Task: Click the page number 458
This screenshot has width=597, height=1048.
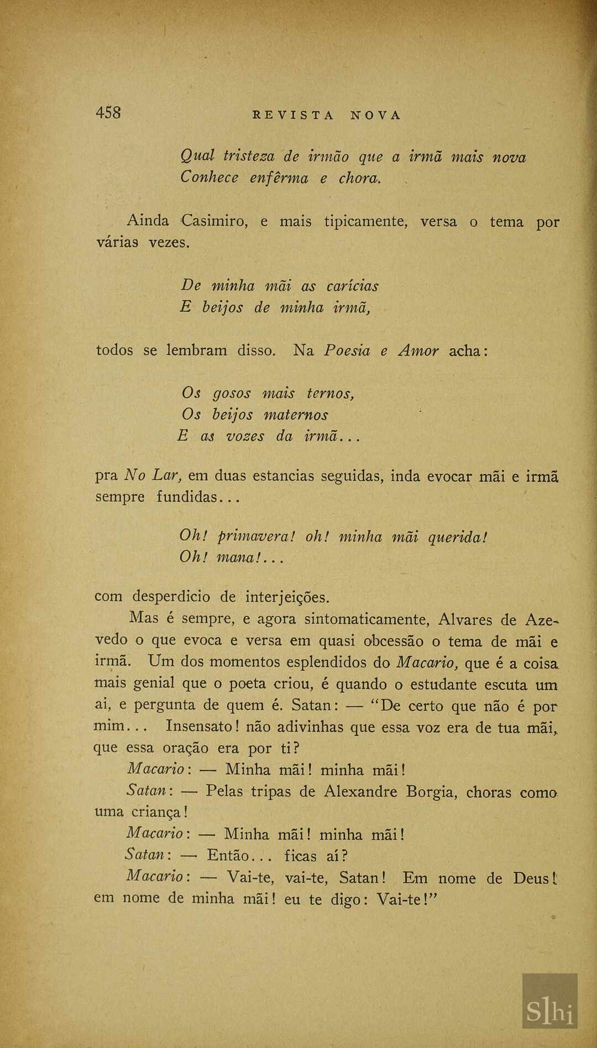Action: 108,113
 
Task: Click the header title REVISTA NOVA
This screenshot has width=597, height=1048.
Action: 326,116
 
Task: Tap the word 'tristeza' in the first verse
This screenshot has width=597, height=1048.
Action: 248,157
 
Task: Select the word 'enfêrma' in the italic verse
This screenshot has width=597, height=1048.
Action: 279,179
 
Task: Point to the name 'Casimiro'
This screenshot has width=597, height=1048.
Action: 214,221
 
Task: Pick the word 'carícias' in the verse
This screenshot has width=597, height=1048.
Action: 352,286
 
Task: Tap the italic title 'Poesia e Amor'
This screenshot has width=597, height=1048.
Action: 381,351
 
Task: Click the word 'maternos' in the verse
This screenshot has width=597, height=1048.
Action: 296,415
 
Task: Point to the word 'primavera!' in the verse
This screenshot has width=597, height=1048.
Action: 257,536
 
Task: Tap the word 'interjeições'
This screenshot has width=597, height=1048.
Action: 287,597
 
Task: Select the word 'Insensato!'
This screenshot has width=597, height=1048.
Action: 202,726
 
